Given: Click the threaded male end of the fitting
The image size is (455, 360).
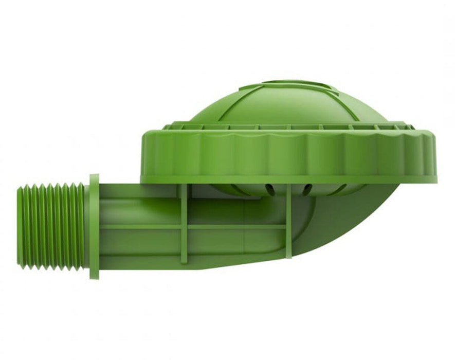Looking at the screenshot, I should [x=51, y=226].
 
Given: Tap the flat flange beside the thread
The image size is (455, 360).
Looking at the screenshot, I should [x=94, y=226].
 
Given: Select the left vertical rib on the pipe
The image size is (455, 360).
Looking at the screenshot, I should [x=184, y=224].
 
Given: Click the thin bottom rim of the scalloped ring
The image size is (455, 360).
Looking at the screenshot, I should [x=288, y=179].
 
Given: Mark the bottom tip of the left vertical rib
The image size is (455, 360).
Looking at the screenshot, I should [x=184, y=261].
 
